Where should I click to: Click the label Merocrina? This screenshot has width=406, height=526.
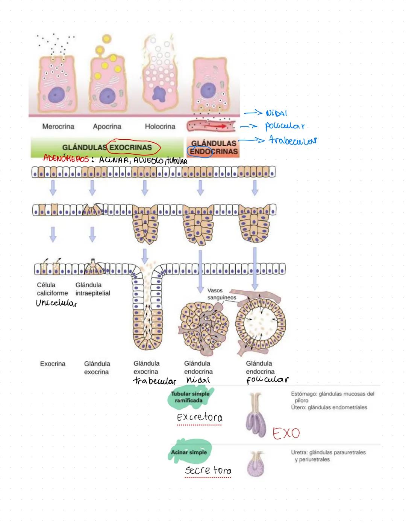point(58,127)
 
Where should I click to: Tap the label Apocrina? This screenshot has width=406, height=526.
point(107,127)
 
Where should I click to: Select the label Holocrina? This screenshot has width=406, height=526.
point(160,127)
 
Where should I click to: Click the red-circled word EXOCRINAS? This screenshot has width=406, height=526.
point(130,147)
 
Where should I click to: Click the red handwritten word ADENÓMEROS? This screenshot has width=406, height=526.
point(66,159)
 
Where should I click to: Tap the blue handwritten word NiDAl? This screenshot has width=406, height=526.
point(276,113)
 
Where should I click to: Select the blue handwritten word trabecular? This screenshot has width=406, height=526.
point(293,140)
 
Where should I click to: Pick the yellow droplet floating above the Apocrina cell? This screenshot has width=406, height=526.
point(107,39)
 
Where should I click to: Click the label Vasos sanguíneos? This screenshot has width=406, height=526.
point(221,294)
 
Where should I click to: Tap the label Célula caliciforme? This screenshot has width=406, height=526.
point(52,289)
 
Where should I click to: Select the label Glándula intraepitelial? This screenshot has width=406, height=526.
point(92,289)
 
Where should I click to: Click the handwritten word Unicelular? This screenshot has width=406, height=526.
point(56,303)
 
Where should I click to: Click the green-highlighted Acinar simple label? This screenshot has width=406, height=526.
point(189,452)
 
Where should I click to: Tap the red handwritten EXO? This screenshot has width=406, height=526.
point(286,433)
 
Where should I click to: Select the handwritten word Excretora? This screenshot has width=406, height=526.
point(200,417)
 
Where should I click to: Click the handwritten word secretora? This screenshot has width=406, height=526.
point(208,470)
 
